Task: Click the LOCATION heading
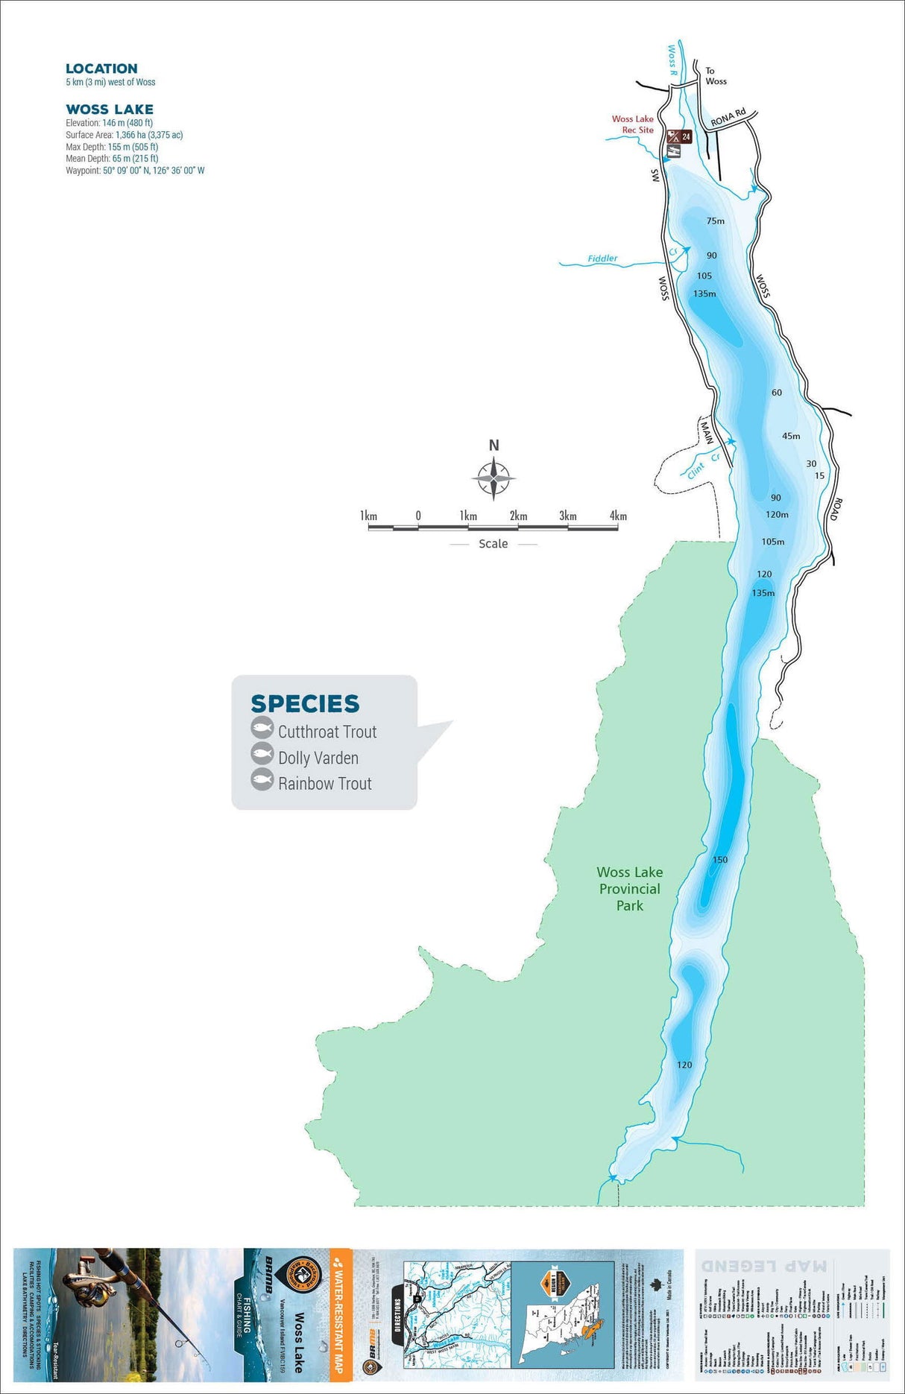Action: pos(101,69)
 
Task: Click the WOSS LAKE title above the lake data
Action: pos(110,110)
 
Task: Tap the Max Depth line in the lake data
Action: pos(112,147)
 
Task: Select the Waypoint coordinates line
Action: pos(135,171)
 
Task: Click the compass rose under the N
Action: pos(494,478)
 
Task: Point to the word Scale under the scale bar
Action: pos(493,544)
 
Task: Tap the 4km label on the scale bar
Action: pos(618,516)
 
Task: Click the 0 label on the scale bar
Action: pos(418,516)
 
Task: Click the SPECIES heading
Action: pos(305,703)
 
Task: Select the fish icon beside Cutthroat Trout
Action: pos(262,728)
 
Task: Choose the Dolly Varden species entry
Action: pos(318,758)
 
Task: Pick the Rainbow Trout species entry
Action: pos(324,783)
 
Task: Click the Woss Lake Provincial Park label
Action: pos(630,889)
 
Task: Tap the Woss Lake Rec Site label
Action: pos(633,124)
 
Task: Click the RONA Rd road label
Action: pos(728,118)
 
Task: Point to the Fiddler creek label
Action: pos(602,259)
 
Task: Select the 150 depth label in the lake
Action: pos(719,859)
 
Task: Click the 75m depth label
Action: pos(715,221)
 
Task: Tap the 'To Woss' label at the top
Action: pos(715,76)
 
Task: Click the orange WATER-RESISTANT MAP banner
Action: pos(340,1315)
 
